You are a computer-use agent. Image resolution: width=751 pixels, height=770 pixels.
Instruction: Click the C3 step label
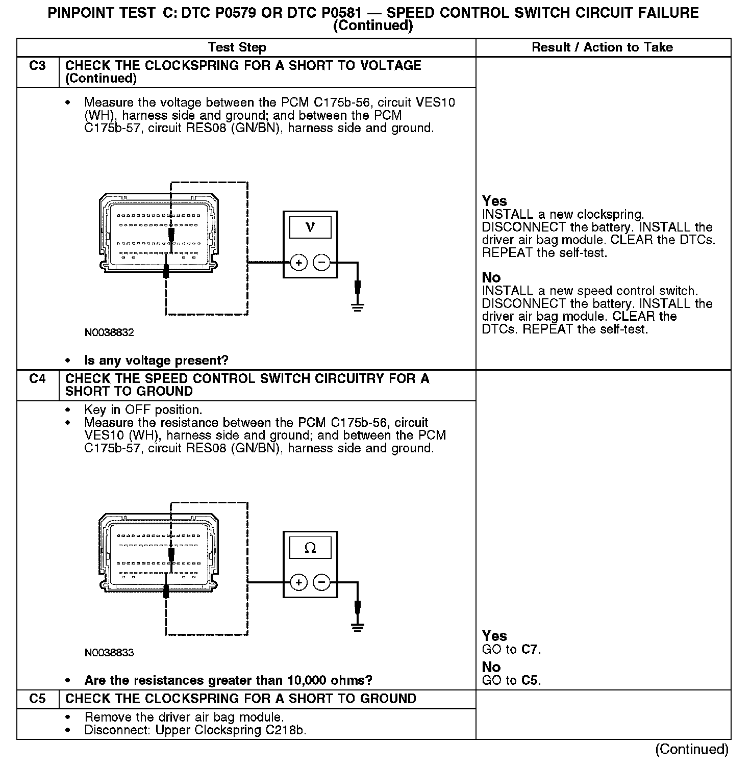pyautogui.click(x=37, y=66)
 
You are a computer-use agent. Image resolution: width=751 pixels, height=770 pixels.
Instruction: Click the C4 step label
pyautogui.click(x=37, y=379)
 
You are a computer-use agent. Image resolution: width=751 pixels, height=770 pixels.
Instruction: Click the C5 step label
pyautogui.click(x=37, y=699)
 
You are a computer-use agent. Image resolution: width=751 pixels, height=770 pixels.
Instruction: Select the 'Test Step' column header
pyautogui.click(x=237, y=47)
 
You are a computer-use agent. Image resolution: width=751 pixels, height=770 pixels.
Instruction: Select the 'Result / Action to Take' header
pyautogui.click(x=602, y=47)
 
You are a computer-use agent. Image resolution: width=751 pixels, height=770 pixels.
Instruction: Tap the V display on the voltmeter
pyautogui.click(x=310, y=227)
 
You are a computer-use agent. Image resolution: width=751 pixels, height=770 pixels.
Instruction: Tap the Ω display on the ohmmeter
pyautogui.click(x=310, y=548)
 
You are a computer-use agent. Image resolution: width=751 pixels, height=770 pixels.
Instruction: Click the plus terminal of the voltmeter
pyautogui.click(x=298, y=263)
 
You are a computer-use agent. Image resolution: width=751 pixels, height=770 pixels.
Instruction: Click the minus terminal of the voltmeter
pyautogui.click(x=321, y=263)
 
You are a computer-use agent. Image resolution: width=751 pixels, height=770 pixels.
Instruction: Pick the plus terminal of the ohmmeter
pyautogui.click(x=298, y=582)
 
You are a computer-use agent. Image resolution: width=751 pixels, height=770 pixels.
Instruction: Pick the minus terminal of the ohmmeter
pyautogui.click(x=321, y=582)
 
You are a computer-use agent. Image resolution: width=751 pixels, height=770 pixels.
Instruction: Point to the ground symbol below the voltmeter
pyautogui.click(x=358, y=307)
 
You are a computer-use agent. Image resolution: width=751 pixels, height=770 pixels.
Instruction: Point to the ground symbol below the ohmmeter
pyautogui.click(x=358, y=627)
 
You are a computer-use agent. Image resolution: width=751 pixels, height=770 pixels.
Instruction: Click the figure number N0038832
pyautogui.click(x=109, y=333)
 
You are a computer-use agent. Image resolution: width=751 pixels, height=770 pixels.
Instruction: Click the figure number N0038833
pyautogui.click(x=109, y=653)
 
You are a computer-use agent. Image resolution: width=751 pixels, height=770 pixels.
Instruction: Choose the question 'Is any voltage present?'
pyautogui.click(x=156, y=361)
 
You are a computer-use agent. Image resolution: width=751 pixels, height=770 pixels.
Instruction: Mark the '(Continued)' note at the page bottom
pyautogui.click(x=692, y=749)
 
